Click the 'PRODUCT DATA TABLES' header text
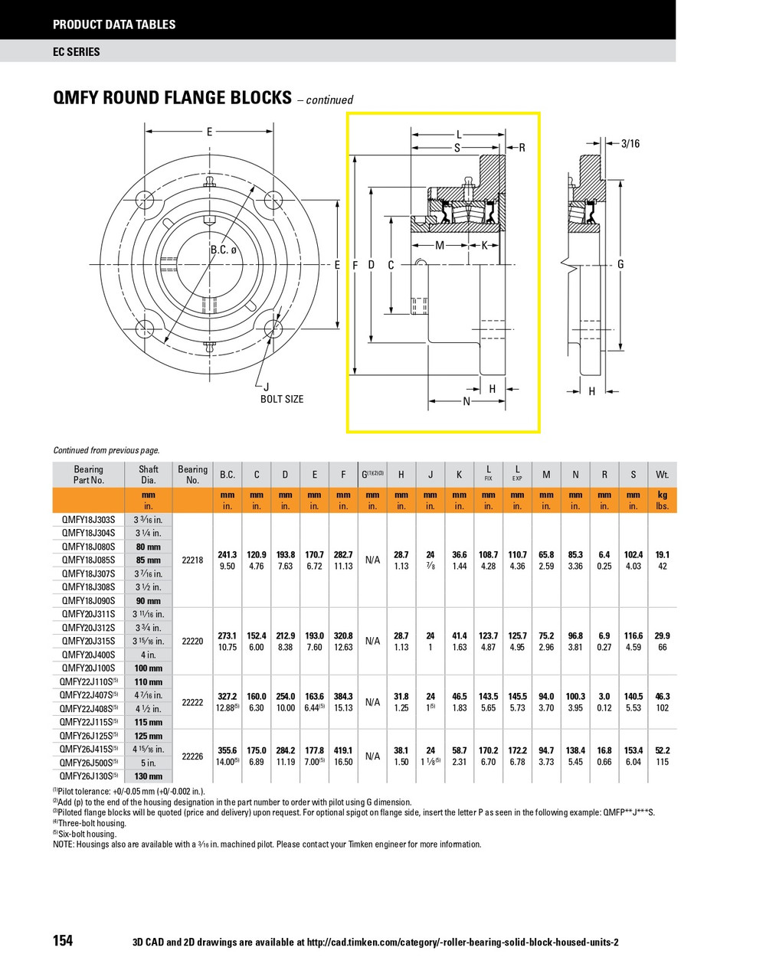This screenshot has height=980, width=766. tap(114, 24)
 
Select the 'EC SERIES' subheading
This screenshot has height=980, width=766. tap(77, 52)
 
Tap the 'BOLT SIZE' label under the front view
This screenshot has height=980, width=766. tap(282, 399)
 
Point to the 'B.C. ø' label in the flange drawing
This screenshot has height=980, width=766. tap(224, 250)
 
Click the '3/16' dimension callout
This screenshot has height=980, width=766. tap(630, 143)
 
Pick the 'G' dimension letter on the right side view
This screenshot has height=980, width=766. tap(620, 264)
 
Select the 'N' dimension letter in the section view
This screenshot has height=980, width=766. tap(466, 401)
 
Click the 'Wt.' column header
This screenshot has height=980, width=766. tap(662, 475)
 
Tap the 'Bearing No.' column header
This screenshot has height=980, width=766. tap(192, 475)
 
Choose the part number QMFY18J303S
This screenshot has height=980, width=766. tap(88, 520)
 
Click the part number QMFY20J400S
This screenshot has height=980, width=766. tap(88, 655)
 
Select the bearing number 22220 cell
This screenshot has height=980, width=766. tap(192, 641)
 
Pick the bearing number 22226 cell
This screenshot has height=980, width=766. tap(192, 756)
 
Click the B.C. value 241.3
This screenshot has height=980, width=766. tap(228, 554)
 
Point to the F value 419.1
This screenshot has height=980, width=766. tap(343, 750)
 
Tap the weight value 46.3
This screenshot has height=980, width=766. tap(662, 697)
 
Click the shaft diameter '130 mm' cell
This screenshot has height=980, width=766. tap(149, 776)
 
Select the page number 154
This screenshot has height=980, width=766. tap(63, 941)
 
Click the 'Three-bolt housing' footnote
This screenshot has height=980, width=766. tap(90, 823)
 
